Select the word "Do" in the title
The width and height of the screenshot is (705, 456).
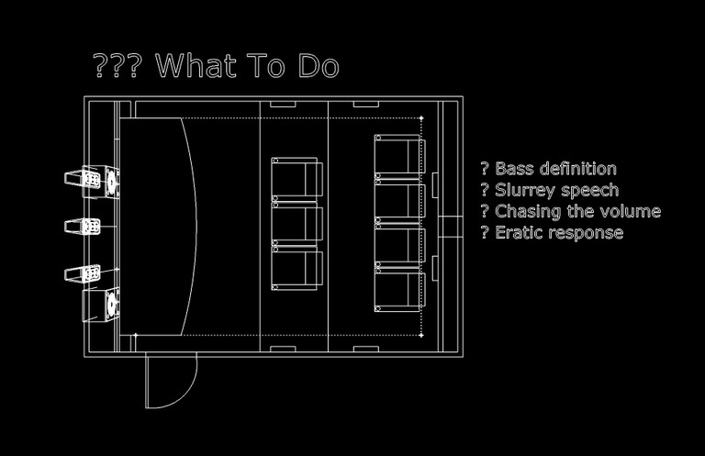click(x=319, y=66)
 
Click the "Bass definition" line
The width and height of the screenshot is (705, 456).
click(x=548, y=169)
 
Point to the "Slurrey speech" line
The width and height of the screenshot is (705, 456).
click(x=549, y=190)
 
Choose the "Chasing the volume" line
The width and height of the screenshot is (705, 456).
click(x=570, y=211)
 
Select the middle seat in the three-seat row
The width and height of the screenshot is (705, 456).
click(x=297, y=224)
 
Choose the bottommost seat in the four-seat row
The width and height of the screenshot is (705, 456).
click(x=398, y=291)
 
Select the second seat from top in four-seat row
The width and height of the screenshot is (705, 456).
click(x=398, y=202)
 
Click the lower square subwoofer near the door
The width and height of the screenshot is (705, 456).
click(x=111, y=302)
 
